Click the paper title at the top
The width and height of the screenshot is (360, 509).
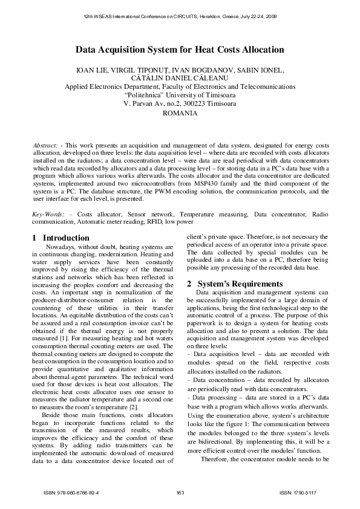pyautogui.click(x=180, y=51)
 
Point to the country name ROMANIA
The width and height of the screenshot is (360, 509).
pyautogui.click(x=180, y=113)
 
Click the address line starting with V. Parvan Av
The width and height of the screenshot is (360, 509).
pyautogui.click(x=180, y=103)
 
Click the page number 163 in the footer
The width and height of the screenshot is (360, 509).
pyautogui.click(x=180, y=493)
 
